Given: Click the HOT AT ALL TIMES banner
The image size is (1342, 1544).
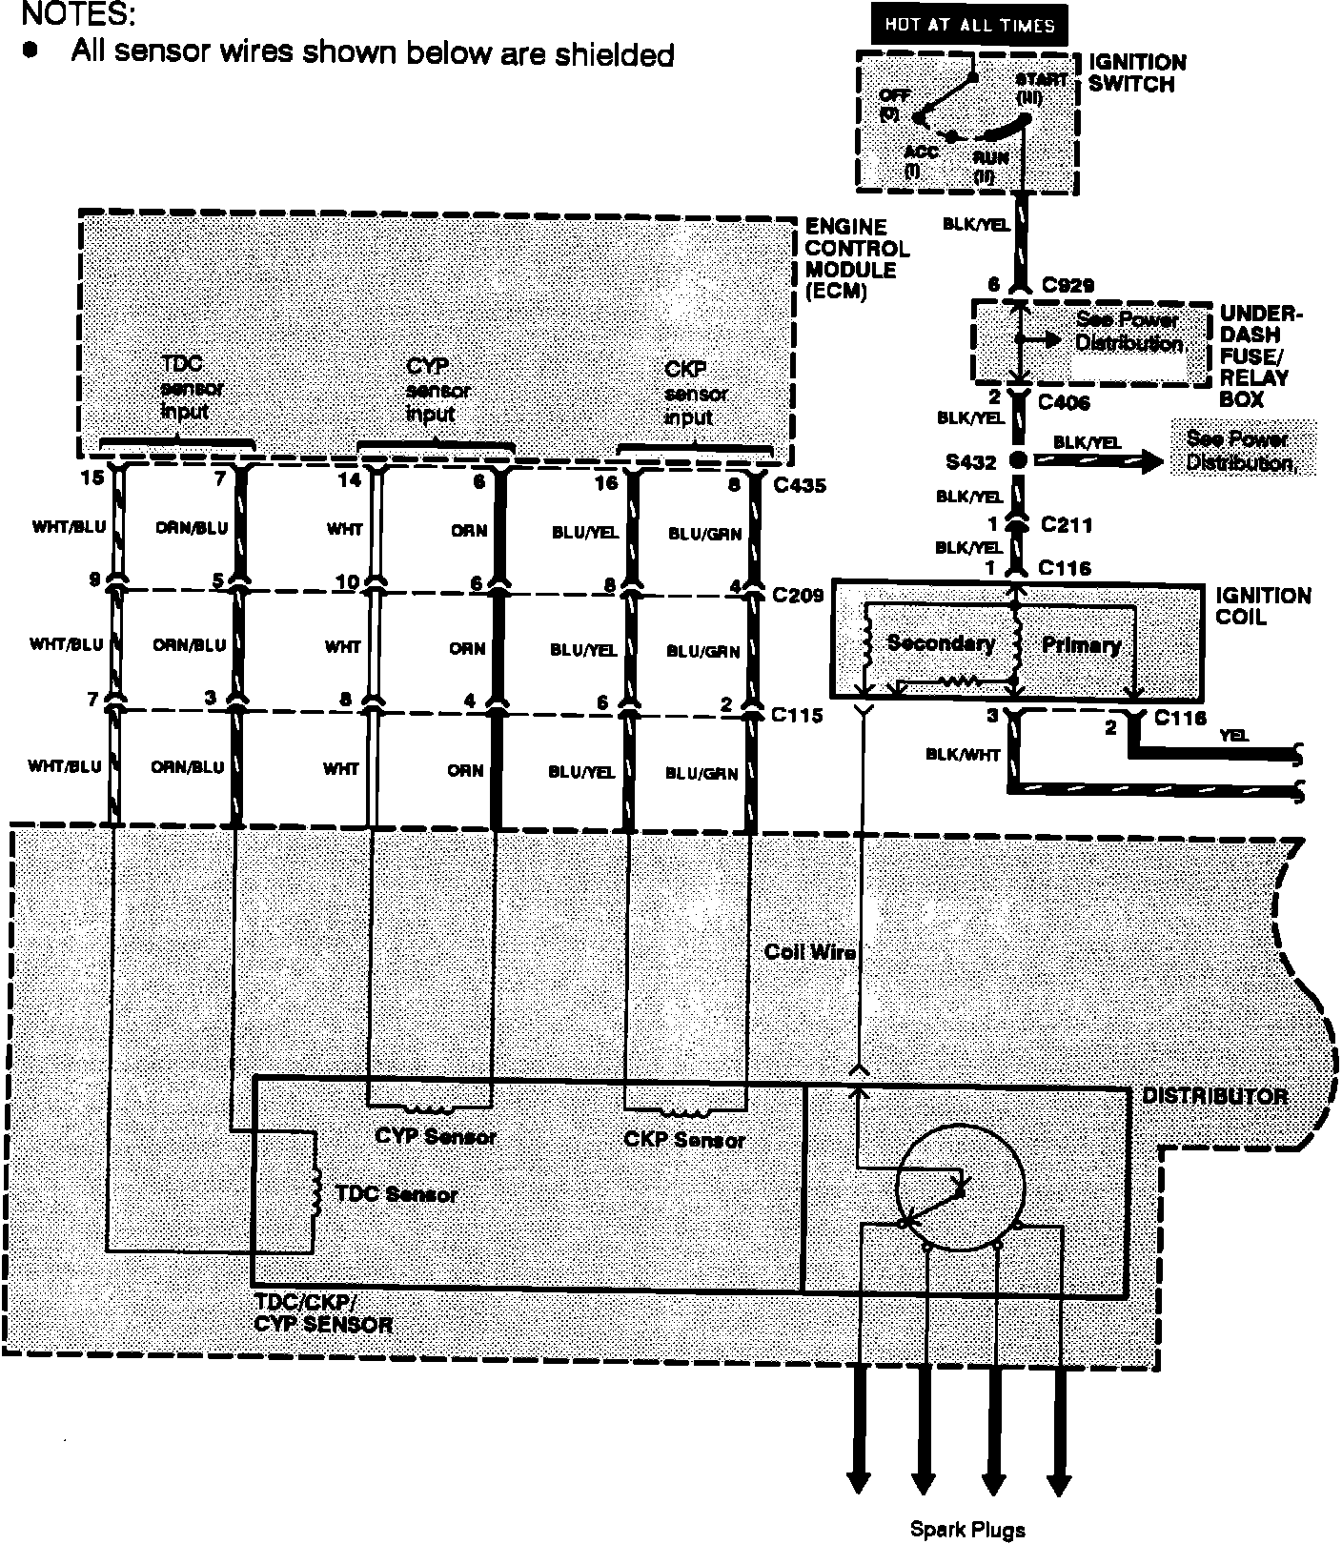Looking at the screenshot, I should [x=968, y=25].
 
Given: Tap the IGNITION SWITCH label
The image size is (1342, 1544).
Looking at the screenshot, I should [x=1137, y=73].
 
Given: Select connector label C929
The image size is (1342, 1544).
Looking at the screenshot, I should [x=1067, y=285].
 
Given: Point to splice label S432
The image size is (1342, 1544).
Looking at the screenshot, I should [x=971, y=462].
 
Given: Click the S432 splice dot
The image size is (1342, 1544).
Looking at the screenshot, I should [x=1017, y=461].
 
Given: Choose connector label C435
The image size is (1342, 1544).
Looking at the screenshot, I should [x=800, y=485].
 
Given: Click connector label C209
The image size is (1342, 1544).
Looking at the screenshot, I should [x=798, y=596].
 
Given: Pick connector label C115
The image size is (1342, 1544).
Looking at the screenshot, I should [x=797, y=715].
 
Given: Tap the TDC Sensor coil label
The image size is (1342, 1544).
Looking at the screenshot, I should [x=396, y=1194].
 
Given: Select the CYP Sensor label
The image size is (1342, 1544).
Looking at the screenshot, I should [x=436, y=1136].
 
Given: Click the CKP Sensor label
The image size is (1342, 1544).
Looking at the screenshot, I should [x=684, y=1139].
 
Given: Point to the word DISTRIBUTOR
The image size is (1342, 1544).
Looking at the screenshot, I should [x=1214, y=1096].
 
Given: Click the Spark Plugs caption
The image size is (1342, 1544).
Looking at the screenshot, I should [x=967, y=1530].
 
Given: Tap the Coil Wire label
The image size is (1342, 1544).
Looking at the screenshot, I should [x=809, y=951].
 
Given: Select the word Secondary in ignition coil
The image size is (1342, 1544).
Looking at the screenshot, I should [x=940, y=643].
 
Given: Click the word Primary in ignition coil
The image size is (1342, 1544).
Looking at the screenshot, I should [x=1080, y=645].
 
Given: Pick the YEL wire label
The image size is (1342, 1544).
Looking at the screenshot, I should [x=1233, y=736].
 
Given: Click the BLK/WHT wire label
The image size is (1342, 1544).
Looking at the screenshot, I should [x=963, y=755].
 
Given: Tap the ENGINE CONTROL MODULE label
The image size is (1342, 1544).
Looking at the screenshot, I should [x=857, y=259].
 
